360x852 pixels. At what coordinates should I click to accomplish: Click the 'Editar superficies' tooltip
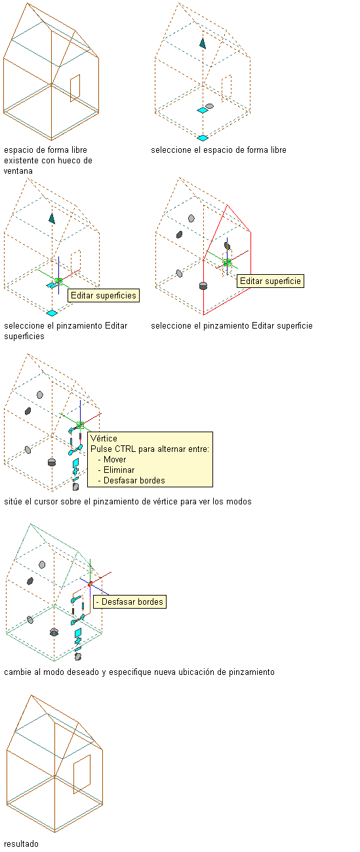[104, 296]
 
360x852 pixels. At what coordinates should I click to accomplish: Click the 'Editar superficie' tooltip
[270, 281]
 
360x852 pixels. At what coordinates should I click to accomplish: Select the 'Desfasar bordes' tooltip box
[130, 601]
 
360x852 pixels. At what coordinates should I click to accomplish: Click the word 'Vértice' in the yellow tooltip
[104, 438]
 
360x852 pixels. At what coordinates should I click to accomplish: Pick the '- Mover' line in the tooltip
[111, 460]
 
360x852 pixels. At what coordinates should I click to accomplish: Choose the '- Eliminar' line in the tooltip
[116, 470]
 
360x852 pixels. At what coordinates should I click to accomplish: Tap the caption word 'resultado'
[21, 844]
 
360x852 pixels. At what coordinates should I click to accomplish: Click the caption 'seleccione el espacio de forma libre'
[218, 150]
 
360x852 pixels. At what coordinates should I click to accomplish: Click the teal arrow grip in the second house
[203, 43]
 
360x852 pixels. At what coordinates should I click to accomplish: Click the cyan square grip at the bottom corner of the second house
[203, 138]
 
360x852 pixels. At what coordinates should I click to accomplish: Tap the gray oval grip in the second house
[209, 106]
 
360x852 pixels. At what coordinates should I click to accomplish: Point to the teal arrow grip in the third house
[52, 218]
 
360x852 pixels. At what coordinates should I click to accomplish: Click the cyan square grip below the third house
[52, 313]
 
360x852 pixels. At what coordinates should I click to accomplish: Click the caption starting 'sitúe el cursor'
[128, 502]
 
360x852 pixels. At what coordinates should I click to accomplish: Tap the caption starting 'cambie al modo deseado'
[139, 672]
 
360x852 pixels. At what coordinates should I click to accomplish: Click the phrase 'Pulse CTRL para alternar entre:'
[150, 449]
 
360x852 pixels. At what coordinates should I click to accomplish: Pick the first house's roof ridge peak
[28, 3]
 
